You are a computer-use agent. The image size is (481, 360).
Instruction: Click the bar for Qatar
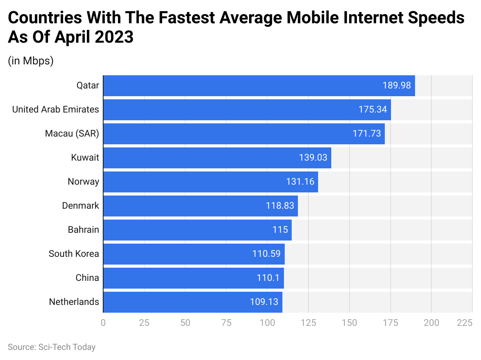click(x=259, y=85)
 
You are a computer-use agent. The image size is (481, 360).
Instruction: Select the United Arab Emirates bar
click(x=247, y=109)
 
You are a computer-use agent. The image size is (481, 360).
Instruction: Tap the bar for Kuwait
click(x=217, y=157)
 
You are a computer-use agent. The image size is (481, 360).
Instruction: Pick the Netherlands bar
click(x=192, y=302)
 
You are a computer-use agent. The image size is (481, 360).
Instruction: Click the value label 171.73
click(x=367, y=133)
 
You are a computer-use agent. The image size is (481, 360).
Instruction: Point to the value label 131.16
click(x=300, y=182)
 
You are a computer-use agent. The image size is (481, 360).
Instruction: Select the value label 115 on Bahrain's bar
click(x=280, y=230)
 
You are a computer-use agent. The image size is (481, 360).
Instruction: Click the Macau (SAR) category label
click(x=72, y=133)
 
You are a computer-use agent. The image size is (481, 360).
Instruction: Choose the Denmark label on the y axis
click(x=80, y=206)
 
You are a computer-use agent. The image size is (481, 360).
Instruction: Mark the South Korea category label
click(x=74, y=254)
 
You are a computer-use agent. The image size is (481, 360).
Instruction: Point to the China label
click(x=87, y=278)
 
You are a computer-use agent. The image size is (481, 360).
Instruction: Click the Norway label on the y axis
click(x=83, y=182)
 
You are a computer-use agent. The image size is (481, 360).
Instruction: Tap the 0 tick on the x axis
click(x=103, y=322)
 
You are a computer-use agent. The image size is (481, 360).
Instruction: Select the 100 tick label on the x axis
click(x=267, y=322)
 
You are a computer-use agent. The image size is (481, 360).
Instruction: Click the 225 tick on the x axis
click(x=465, y=322)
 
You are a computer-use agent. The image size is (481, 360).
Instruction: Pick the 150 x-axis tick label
click(x=349, y=322)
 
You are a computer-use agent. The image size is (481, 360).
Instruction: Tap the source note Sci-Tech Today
click(x=52, y=347)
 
